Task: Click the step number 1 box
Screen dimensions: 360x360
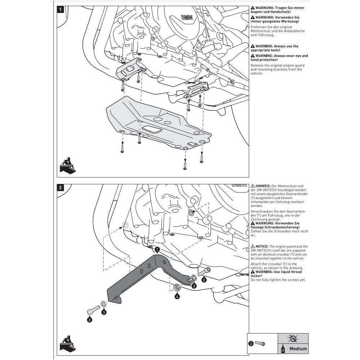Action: tap(61, 10)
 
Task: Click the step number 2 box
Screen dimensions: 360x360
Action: tap(61, 188)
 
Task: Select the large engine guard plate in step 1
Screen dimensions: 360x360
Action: tap(155, 124)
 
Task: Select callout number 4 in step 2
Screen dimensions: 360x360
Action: tap(177, 297)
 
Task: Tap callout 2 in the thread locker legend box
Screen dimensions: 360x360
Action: tap(251, 344)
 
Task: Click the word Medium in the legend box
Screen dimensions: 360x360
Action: tap(298, 348)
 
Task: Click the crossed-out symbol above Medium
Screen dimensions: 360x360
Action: tap(293, 339)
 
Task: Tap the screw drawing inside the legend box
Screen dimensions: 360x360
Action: tap(260, 344)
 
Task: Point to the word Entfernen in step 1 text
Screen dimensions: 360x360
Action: tap(258, 27)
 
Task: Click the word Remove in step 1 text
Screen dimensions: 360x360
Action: tap(257, 66)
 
